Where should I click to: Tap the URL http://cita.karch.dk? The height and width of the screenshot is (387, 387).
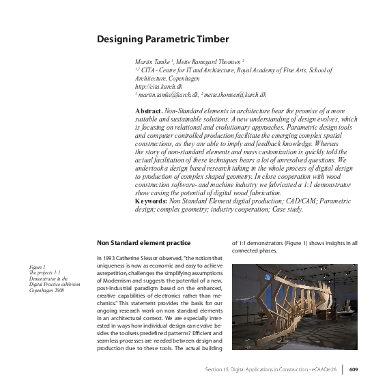coord(158,87)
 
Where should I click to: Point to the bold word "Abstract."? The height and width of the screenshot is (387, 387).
coord(149,110)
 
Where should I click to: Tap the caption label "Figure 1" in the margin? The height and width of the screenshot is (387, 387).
coord(38,266)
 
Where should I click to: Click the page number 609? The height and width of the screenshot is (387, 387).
coord(353,371)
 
